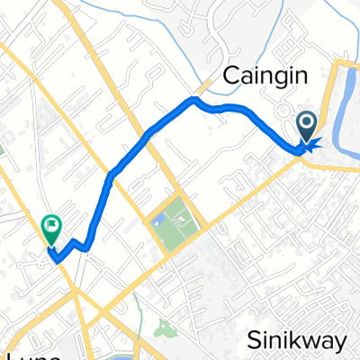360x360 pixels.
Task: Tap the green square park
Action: [172, 219]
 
